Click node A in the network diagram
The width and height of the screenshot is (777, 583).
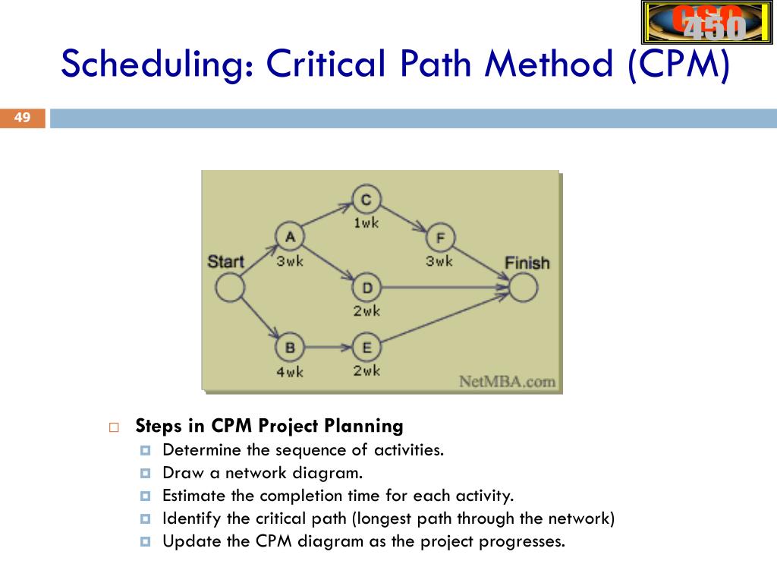[290, 236]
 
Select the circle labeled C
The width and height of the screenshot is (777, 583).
[366, 200]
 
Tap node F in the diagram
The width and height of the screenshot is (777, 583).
[440, 238]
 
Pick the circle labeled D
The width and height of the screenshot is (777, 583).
[367, 288]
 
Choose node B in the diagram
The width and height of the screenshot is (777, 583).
[290, 348]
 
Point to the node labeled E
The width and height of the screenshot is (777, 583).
[367, 348]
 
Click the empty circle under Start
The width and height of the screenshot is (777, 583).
[230, 288]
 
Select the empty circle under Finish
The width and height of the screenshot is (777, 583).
[523, 288]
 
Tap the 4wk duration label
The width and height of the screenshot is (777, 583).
[290, 373]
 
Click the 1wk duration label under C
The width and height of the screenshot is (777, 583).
[366, 222]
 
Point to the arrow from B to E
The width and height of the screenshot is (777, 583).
[329, 348]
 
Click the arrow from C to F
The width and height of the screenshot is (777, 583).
[404, 218]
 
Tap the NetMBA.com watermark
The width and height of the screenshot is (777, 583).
[507, 381]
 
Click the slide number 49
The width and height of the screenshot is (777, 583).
[22, 118]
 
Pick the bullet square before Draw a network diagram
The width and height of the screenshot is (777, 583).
[146, 474]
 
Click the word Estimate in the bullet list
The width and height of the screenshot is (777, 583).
[193, 496]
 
